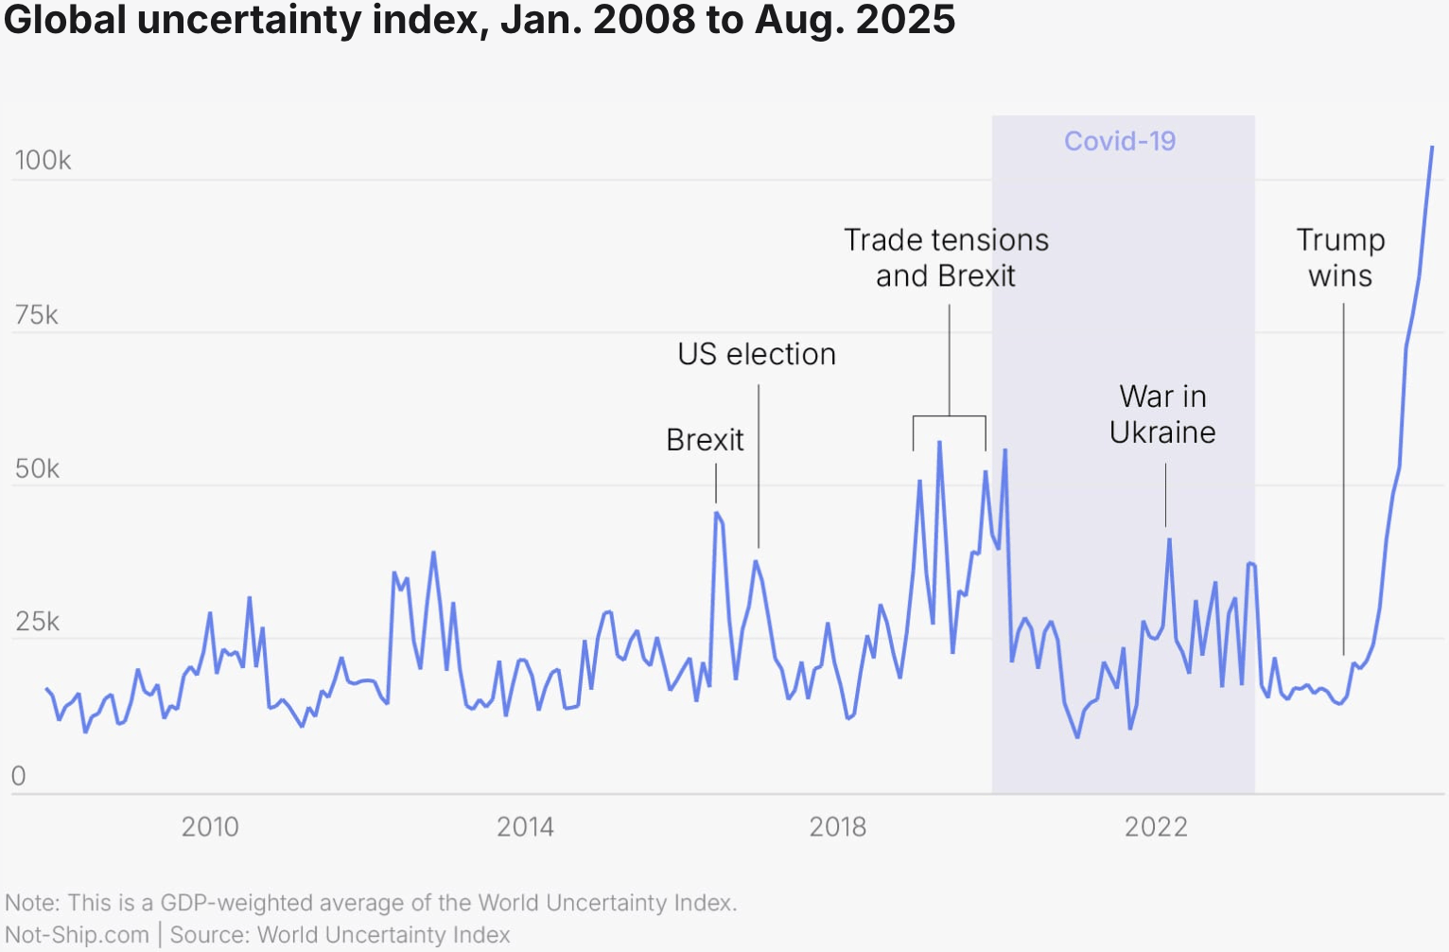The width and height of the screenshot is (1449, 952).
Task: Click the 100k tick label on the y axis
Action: click(x=43, y=160)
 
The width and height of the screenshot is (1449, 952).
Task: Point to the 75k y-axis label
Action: click(x=36, y=315)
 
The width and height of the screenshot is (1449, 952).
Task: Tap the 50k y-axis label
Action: click(x=37, y=468)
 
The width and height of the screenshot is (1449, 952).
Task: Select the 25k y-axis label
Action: click(x=37, y=622)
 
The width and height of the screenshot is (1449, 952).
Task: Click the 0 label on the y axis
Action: click(x=18, y=776)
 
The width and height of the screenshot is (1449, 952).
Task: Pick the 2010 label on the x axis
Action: click(x=210, y=827)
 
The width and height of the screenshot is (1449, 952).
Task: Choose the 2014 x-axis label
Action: click(x=525, y=827)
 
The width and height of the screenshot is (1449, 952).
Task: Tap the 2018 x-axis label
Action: click(x=838, y=827)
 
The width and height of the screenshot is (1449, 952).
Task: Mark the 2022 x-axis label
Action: click(x=1156, y=827)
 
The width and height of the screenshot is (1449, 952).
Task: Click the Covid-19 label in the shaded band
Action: click(x=1120, y=141)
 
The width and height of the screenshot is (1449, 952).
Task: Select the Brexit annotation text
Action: click(x=705, y=440)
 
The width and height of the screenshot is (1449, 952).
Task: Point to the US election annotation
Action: click(x=757, y=354)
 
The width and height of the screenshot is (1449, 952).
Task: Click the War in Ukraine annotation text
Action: click(x=1162, y=414)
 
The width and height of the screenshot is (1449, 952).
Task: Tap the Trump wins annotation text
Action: click(x=1340, y=257)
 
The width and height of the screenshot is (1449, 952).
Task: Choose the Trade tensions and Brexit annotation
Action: click(x=946, y=257)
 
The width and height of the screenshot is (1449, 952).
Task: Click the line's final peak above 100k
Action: click(x=1432, y=148)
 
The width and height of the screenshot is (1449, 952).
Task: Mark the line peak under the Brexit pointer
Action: click(x=716, y=513)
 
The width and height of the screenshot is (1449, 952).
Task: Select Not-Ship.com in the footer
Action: click(x=78, y=935)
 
